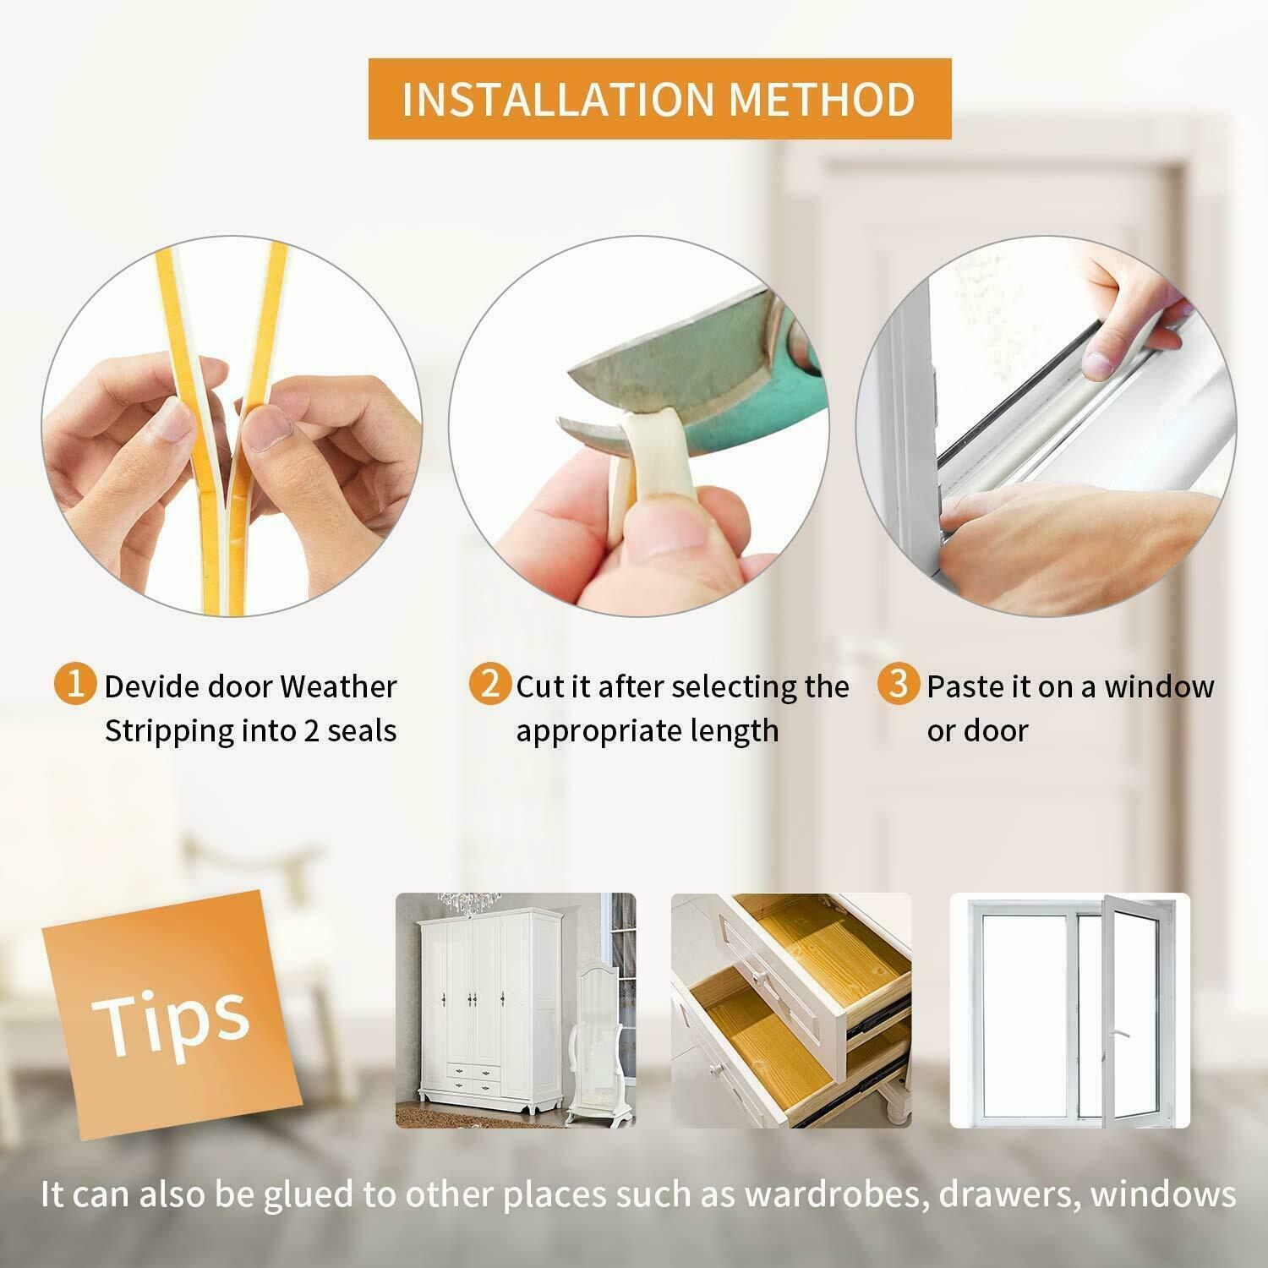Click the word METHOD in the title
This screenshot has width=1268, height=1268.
[822, 99]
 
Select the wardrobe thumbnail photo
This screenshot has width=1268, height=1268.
[516, 1010]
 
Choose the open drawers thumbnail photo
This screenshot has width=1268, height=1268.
[790, 1010]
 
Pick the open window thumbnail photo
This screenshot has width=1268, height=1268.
[1069, 1010]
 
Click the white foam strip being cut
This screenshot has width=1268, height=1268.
[651, 456]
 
